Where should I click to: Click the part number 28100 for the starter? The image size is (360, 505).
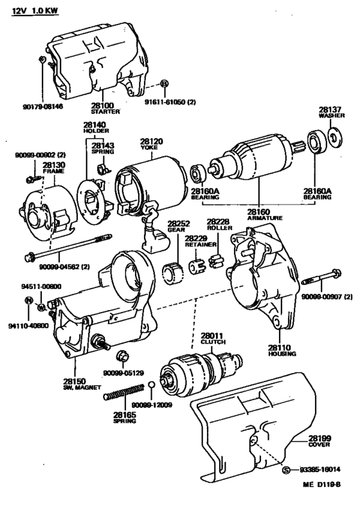tap(102, 106)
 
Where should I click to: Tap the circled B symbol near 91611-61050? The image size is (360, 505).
tap(165, 84)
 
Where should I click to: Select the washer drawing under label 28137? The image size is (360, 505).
tap(335, 136)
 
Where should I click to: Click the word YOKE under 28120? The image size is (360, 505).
tap(149, 147)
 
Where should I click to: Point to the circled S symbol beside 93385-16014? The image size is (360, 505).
tap(286, 470)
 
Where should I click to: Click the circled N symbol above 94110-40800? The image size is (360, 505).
tap(29, 300)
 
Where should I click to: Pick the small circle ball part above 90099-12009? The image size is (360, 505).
tap(152, 385)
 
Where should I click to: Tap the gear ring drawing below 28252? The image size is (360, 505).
tap(174, 274)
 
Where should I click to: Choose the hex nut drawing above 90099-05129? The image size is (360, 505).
tap(123, 356)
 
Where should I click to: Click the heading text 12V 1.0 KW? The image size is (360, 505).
tap(35, 11)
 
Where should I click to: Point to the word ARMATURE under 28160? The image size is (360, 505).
tap(265, 218)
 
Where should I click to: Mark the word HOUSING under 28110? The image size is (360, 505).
tap(282, 354)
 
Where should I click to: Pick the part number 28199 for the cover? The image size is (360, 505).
tap(319, 438)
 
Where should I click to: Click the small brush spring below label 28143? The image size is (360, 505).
tap(103, 168)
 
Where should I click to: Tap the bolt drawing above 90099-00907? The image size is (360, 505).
tap(321, 278)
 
